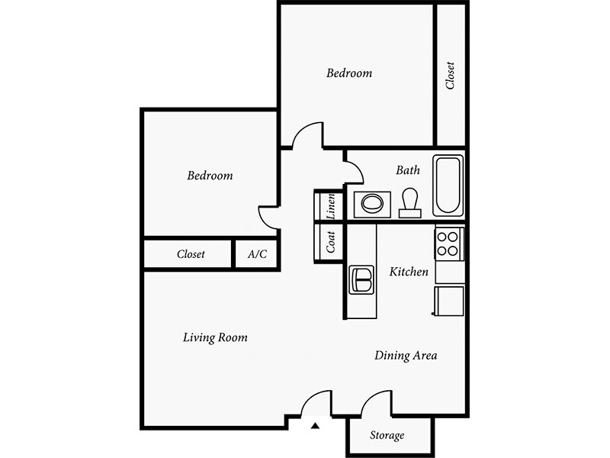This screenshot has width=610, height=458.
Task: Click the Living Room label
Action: pos(215,337)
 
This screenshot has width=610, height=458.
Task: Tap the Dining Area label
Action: pos(406,355)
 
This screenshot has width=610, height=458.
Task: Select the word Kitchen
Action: pos(409,272)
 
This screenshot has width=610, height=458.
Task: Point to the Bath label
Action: pos(408,169)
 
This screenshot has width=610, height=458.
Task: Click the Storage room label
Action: pos(387,435)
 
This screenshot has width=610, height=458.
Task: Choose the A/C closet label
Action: pos(257,254)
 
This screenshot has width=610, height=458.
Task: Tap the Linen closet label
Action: pos(331,206)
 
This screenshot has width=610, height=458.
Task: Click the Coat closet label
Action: pos(331,242)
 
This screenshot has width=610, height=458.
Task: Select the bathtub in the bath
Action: pos(448,185)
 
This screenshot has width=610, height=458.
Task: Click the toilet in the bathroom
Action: pos(409,203)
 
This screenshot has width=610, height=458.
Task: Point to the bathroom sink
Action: pos(372,204)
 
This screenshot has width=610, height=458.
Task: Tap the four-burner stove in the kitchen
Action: pos(448,244)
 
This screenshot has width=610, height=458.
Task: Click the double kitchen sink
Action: pos(361,279)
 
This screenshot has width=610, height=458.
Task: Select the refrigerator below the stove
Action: pos(449,301)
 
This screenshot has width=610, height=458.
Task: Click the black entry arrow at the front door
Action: pos(315,426)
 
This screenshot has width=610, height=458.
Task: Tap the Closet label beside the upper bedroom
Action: pos(450,76)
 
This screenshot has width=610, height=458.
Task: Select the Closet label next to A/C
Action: pos(191,254)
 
